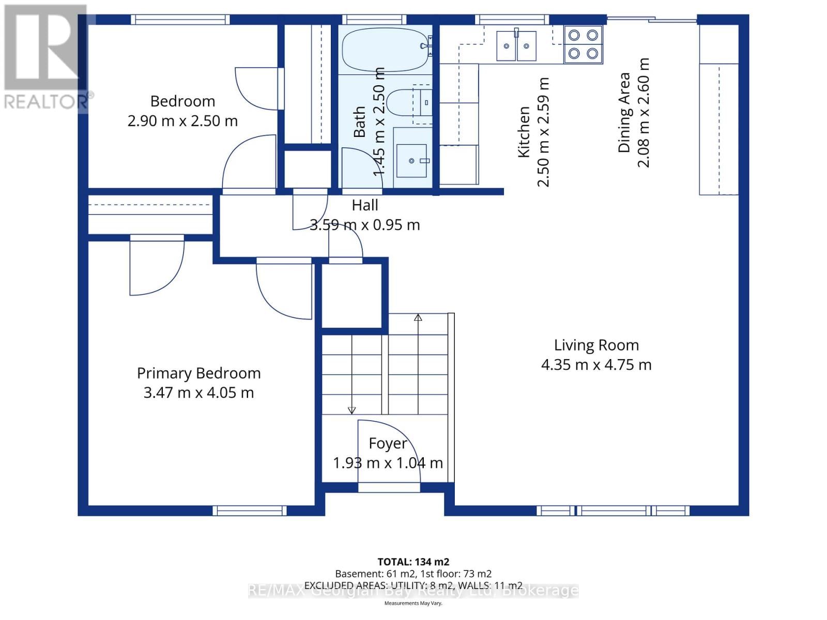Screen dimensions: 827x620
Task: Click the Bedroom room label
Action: tap(182, 101)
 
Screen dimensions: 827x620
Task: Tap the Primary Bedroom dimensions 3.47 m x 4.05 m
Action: tap(198, 393)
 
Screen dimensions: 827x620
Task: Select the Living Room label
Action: tap(596, 345)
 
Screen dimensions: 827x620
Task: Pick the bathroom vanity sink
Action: tap(412, 161)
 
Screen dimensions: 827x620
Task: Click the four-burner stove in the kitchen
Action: tap(583, 44)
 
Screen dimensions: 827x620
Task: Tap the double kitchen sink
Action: tap(516, 46)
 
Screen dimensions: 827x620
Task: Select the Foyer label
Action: tap(388, 443)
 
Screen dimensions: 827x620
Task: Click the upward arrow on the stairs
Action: tap(418, 318)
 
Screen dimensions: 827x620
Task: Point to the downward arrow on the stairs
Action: tap(352, 410)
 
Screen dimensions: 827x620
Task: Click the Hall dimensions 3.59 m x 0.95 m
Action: tap(364, 225)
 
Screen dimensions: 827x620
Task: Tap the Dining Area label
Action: tap(624, 113)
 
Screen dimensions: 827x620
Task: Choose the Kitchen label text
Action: tap(524, 132)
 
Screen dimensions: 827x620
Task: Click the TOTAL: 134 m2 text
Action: tap(413, 562)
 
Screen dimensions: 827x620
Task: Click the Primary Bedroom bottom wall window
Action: tap(249, 510)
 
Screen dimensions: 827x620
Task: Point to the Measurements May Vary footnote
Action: tap(413, 603)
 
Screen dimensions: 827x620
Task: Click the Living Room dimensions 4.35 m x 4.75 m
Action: tap(596, 365)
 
